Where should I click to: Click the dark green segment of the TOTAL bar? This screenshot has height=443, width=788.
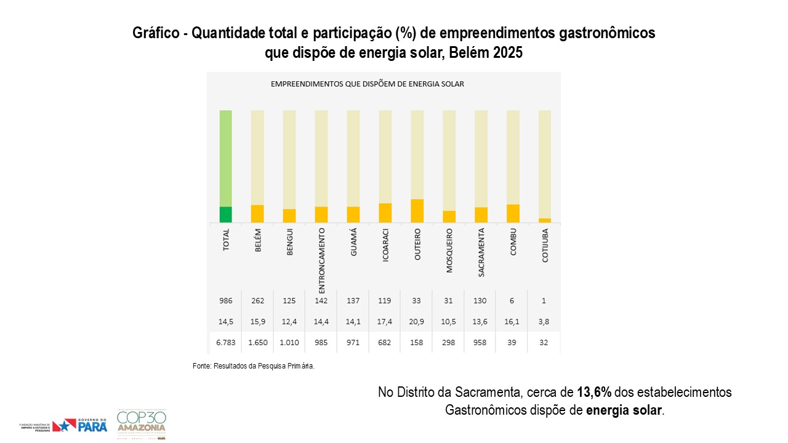tap(226, 214)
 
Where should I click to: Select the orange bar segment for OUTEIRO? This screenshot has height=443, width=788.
tap(417, 210)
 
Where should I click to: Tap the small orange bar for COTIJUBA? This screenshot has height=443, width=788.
tap(545, 220)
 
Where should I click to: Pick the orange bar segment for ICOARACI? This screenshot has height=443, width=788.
tap(385, 212)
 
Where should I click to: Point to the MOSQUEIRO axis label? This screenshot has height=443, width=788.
tap(449, 251)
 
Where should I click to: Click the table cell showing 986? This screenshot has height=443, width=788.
tap(225, 301)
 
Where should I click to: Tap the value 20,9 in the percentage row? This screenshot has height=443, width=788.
tap(417, 321)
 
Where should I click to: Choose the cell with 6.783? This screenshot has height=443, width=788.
tap(225, 342)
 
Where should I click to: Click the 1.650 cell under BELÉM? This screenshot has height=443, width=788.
tap(257, 342)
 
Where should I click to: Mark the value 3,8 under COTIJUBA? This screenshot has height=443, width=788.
tap(545, 321)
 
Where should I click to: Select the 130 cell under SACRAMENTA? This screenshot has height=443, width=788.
tap(481, 301)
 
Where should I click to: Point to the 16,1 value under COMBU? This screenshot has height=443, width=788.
tap(513, 321)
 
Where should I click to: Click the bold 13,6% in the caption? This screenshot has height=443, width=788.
tap(594, 392)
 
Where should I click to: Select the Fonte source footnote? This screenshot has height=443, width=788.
tap(254, 366)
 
